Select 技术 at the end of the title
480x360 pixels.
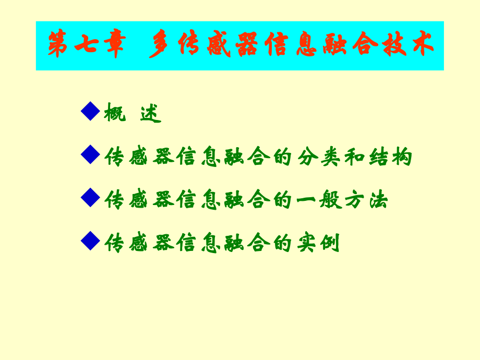pos(407,45)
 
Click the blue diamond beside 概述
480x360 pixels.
pos(91,111)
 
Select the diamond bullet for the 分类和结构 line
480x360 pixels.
pos(91,154)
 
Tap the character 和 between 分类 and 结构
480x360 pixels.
pos(353,157)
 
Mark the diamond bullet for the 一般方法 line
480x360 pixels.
pos(91,197)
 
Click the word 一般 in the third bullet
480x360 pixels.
pos(318,200)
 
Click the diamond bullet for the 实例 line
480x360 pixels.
pos(91,241)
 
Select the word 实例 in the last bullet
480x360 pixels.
pos(318,243)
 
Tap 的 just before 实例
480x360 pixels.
pos(282,243)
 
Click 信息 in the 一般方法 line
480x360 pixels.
pos(198,200)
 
